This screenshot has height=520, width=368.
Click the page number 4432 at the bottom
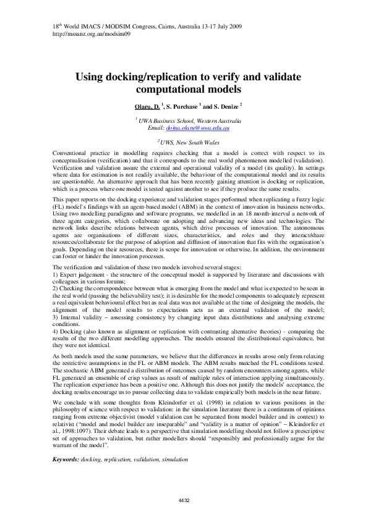click(184, 500)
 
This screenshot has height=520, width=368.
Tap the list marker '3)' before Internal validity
click(56, 316)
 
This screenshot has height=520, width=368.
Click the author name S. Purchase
click(183, 106)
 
